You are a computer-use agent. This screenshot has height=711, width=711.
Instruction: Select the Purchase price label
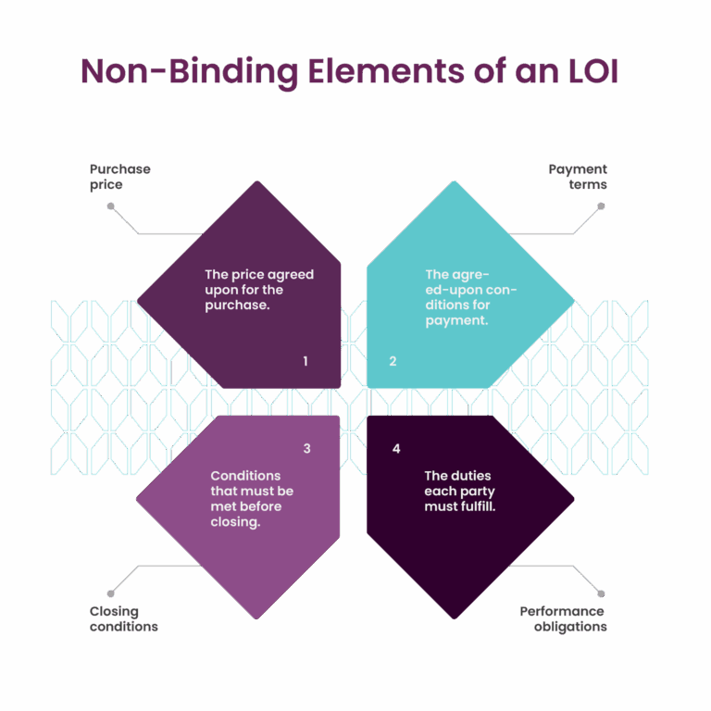click(119, 177)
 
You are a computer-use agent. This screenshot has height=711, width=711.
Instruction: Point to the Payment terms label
click(578, 177)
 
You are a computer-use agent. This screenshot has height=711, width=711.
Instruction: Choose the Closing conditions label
click(123, 618)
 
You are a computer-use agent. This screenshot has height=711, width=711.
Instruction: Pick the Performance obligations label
click(563, 618)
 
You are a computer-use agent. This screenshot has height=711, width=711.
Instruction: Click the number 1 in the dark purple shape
click(305, 361)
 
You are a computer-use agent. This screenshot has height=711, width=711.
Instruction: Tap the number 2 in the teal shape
click(393, 361)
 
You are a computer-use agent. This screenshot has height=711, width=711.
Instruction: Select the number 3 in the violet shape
click(306, 449)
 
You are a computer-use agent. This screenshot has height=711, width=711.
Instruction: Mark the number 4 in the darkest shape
click(396, 449)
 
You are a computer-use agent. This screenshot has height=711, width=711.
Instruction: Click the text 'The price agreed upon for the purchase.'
click(258, 290)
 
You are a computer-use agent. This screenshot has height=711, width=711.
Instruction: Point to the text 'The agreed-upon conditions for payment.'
click(469, 297)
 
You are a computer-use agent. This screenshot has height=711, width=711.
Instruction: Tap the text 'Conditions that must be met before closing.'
click(251, 498)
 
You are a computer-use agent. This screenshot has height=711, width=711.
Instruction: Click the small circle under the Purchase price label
click(110, 206)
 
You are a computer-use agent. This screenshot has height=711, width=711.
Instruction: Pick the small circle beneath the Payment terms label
click(600, 206)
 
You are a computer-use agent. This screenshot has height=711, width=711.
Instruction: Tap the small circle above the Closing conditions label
click(110, 592)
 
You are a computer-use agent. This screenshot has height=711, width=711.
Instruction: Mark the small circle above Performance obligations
click(600, 592)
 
